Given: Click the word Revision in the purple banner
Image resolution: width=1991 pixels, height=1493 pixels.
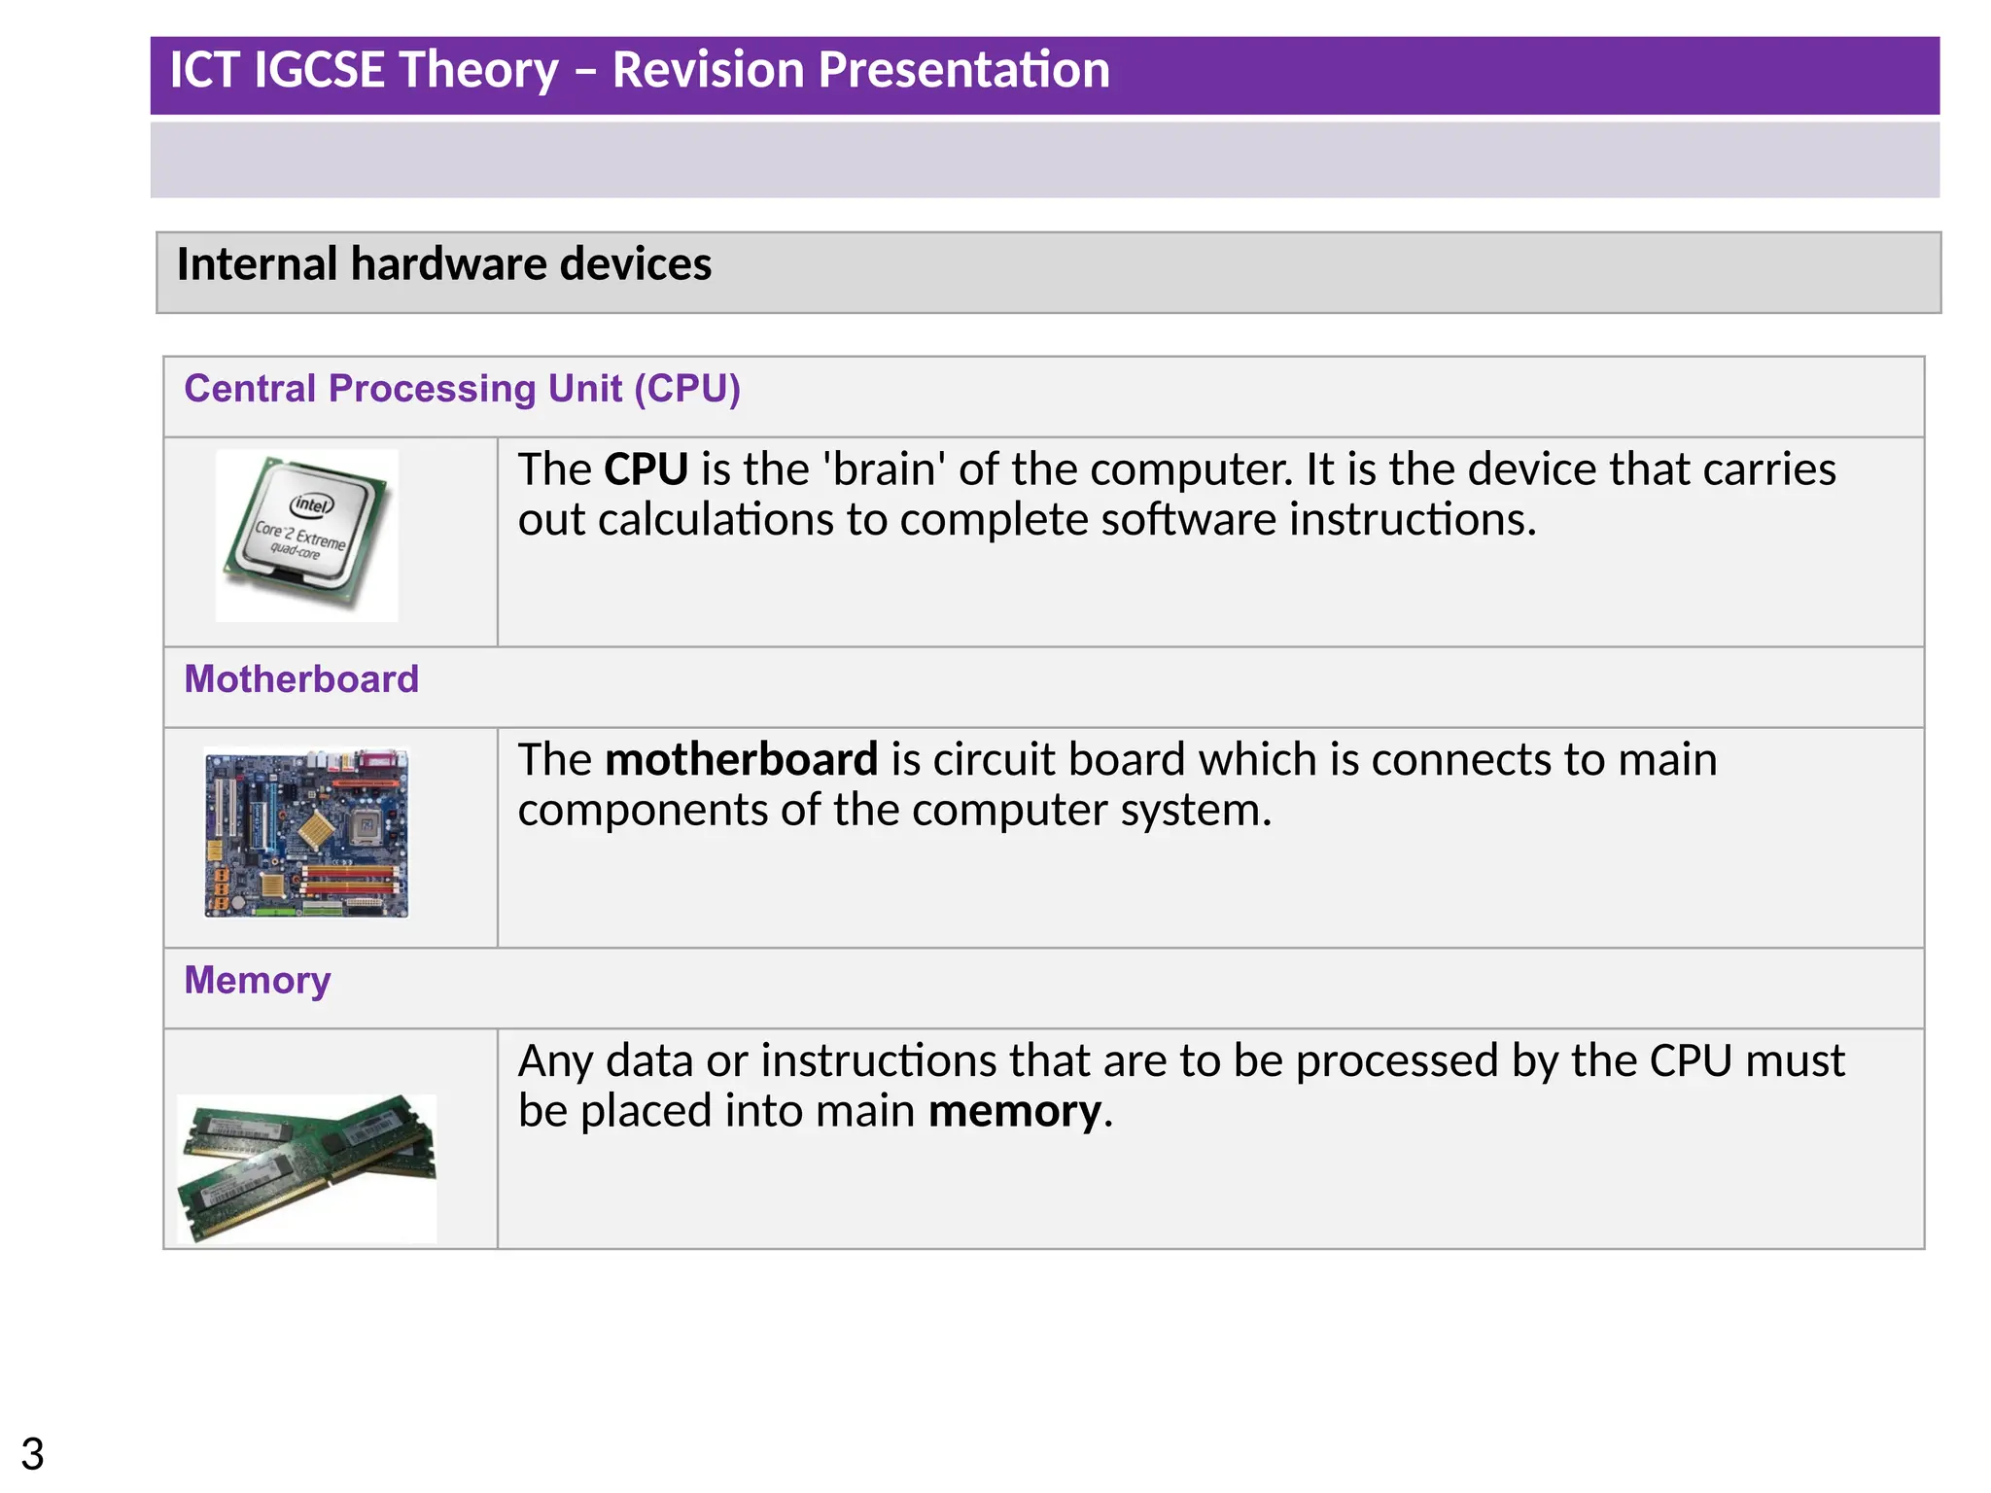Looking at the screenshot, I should click(707, 71).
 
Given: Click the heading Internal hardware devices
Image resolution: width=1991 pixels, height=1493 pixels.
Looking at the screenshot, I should click(443, 264).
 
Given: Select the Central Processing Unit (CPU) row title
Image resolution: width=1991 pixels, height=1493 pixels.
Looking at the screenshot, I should click(462, 389).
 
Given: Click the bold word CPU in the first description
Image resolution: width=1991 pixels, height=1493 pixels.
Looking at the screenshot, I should click(646, 469).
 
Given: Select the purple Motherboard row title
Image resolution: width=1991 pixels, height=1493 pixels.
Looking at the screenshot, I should click(301, 679).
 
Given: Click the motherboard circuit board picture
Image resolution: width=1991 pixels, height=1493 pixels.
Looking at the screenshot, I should click(306, 833).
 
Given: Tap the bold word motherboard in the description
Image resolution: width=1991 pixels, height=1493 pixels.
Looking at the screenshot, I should click(741, 760).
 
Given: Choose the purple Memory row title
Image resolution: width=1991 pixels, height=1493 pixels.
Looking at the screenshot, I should click(258, 980).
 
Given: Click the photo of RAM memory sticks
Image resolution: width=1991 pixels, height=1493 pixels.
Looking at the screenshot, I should click(306, 1166).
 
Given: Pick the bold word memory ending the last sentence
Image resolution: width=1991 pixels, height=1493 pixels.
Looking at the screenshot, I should click(1014, 1112).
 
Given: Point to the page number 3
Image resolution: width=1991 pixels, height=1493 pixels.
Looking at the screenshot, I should click(32, 1454).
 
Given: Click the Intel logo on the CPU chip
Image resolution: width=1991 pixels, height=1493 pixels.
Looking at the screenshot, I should click(312, 504).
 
